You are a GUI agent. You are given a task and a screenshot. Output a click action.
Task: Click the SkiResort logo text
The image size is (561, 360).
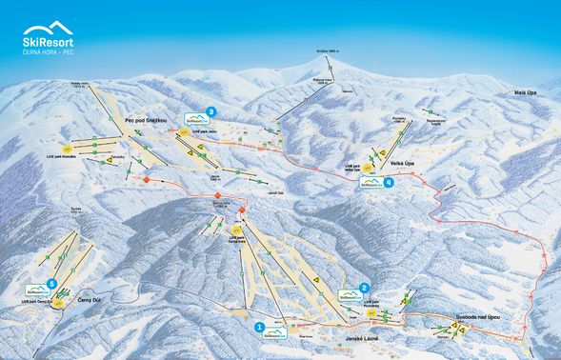tap(49, 42)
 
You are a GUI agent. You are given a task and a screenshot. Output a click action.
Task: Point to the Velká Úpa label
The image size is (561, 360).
tap(403, 163)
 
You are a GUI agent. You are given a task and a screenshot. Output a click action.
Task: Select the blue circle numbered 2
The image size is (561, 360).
tap(365, 288)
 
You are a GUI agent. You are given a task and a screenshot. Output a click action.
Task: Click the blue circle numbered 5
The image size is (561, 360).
tap(51, 284)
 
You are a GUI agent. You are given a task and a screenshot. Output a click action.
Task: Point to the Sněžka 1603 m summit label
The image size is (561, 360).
tap(330, 50)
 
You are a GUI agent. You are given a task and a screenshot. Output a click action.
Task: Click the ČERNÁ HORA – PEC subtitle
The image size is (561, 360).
tap(50, 53)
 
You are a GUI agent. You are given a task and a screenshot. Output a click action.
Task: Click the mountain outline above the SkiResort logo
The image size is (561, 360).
tap(49, 30)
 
